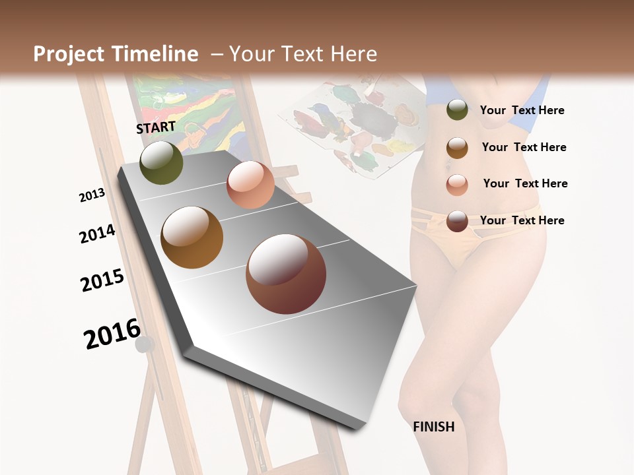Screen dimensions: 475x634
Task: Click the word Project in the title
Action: [69, 54]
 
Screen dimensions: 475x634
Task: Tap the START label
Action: [156, 127]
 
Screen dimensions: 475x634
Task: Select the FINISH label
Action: [434, 427]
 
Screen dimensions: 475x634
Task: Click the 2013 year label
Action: [92, 195]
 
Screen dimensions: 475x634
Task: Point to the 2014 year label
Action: [97, 234]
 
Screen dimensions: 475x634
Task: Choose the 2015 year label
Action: [102, 280]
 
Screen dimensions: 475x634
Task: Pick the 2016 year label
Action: [112, 333]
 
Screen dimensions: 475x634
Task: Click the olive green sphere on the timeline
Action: [161, 162]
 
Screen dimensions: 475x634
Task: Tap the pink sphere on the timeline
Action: [250, 185]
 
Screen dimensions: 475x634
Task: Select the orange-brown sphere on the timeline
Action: [192, 237]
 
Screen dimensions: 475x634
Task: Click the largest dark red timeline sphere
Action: [286, 274]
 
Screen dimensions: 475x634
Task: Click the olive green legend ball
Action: [457, 110]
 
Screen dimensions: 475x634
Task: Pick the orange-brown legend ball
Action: [457, 147]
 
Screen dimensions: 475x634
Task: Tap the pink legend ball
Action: [457, 184]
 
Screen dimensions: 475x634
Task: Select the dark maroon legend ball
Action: [457, 221]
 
